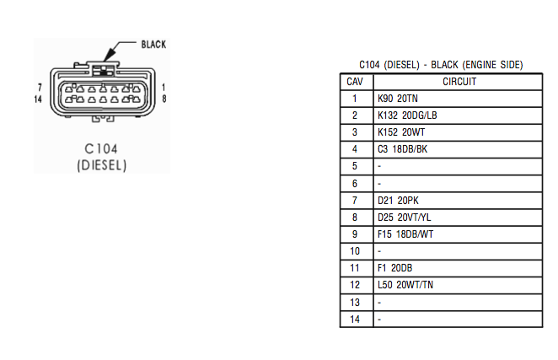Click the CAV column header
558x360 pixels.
point(355,82)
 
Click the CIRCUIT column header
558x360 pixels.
point(459,82)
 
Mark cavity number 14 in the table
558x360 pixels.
point(355,320)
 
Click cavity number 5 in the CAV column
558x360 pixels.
point(355,167)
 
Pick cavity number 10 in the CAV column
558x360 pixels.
point(355,251)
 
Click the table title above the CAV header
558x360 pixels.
point(441,65)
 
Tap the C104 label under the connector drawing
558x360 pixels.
point(102,149)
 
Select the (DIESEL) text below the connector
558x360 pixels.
point(102,165)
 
